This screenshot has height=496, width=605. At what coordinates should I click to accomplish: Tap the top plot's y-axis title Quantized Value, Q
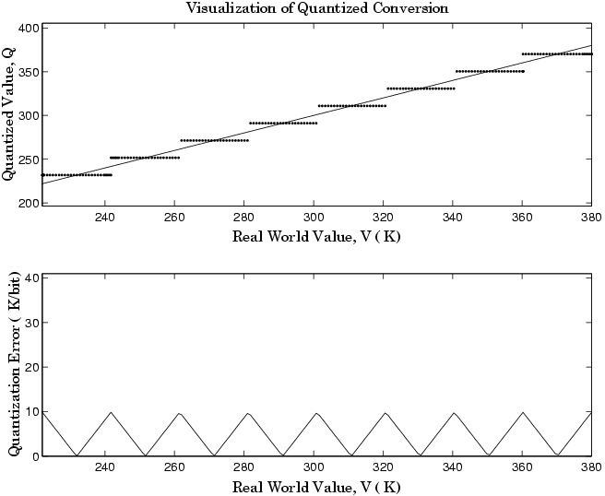tap(9, 115)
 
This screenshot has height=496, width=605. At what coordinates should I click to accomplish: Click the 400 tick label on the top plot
tap(27, 28)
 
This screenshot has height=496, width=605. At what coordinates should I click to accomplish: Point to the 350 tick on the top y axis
tap(27, 72)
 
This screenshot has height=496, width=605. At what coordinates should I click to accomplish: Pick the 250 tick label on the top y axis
tap(27, 159)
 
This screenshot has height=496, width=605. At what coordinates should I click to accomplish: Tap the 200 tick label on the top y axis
tap(27, 203)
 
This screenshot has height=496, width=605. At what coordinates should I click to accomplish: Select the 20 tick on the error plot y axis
tap(30, 367)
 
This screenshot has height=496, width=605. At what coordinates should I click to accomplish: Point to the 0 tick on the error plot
tap(33, 455)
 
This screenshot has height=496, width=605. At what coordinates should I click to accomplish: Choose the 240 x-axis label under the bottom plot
tap(104, 469)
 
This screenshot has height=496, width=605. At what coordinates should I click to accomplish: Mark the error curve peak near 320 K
tap(386, 413)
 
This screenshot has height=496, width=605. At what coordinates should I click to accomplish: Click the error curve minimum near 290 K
tap(282, 455)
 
